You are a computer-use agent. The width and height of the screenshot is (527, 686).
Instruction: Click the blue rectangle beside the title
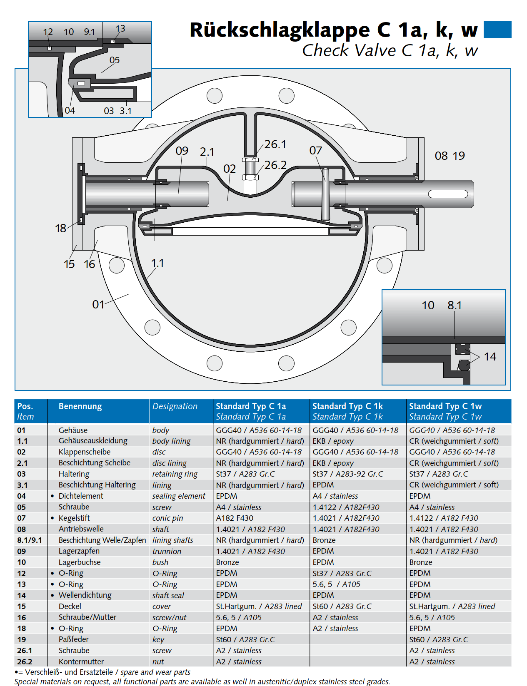pyautogui.click(x=497, y=30)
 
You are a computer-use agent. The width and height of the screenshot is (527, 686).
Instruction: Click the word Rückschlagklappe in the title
pyautogui.click(x=280, y=30)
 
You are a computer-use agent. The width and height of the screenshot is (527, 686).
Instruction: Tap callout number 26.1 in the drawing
pyautogui.click(x=275, y=144)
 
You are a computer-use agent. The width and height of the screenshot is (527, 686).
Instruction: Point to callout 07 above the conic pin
pyautogui.click(x=315, y=150)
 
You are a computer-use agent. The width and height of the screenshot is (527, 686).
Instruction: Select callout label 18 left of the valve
pyautogui.click(x=61, y=228)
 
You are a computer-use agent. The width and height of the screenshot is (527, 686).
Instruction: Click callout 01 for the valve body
pyautogui.click(x=98, y=304)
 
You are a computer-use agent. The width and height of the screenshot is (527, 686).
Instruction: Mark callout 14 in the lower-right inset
pyautogui.click(x=490, y=356)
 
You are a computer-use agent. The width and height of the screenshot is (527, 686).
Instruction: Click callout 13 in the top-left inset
pyautogui.click(x=120, y=29)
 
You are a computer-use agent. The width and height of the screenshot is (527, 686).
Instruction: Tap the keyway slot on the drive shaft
pyautogui.click(x=448, y=194)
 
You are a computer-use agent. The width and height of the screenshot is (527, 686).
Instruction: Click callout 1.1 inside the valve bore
pyautogui.click(x=157, y=263)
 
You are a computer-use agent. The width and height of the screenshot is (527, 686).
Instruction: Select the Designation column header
pyautogui.click(x=175, y=406)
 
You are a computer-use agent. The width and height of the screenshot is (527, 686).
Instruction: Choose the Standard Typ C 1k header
pyautogui.click(x=347, y=406)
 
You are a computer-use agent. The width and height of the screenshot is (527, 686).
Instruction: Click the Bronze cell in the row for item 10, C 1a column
pyautogui.click(x=227, y=562)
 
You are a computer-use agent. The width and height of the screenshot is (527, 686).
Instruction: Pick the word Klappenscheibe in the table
pyautogui.click(x=85, y=452)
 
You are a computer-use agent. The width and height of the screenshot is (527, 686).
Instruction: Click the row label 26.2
pyautogui.click(x=25, y=661)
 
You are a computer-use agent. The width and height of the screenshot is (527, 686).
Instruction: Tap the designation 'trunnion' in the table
pyautogui.click(x=167, y=551)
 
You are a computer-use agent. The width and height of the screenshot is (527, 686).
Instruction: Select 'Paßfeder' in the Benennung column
pyautogui.click(x=74, y=639)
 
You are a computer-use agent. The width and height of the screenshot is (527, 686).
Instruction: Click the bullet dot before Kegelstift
pyautogui.click(x=52, y=518)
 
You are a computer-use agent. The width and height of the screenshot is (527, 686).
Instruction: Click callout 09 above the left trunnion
pyautogui.click(x=182, y=151)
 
